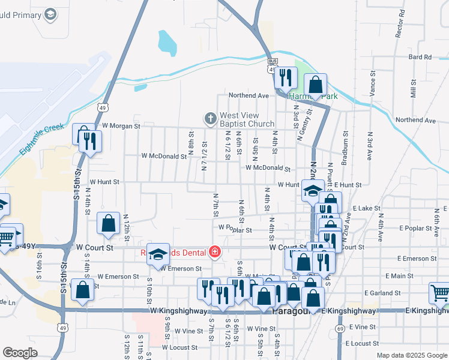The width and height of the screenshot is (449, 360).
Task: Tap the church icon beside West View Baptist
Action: (210, 119)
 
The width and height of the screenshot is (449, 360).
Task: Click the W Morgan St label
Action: (121, 126)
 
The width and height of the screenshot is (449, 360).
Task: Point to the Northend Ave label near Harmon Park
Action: (249, 95)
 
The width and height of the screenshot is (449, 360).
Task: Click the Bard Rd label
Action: (420, 57)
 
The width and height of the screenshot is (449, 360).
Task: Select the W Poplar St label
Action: (235, 228)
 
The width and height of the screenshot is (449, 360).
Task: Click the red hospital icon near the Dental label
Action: (214, 251)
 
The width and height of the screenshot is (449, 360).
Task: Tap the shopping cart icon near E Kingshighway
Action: (439, 293)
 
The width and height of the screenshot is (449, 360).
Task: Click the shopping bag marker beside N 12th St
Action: (108, 223)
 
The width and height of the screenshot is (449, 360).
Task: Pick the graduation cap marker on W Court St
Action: (158, 255)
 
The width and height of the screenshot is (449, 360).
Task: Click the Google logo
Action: (20, 353)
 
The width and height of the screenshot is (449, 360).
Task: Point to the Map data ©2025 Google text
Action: (412, 355)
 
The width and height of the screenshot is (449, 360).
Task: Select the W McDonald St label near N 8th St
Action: (164, 156)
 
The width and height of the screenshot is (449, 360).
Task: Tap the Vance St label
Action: (372, 83)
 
